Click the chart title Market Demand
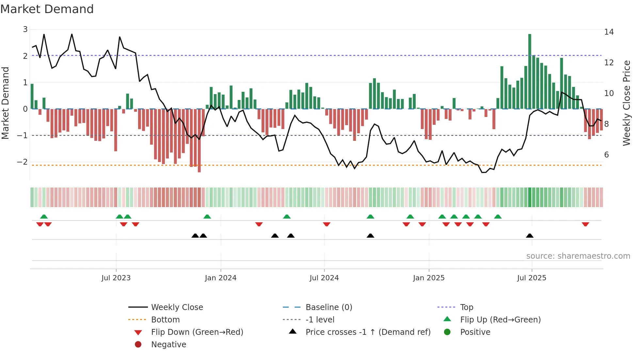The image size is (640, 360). coord(47,9)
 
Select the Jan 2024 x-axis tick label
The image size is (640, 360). coord(220,278)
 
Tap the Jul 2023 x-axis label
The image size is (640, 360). coord(116,278)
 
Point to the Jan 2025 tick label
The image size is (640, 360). coord(428,278)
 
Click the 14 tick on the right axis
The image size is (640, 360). coord(609,32)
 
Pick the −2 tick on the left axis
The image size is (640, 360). coord(22,162)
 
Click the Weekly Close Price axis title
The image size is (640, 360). coord(626,103)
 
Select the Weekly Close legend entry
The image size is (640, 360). coord(177,307)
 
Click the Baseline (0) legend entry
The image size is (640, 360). coord(328,307)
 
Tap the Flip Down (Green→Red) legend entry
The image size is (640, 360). coord(197,332)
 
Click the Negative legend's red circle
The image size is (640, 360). coord(138,345)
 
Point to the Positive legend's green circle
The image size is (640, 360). coord(447,332)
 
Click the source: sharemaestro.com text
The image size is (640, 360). coord(578,256)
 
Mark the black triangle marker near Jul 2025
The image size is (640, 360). coord(530,236)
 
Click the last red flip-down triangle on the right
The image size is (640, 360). coord(585,224)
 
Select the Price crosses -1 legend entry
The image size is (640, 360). coord(368,332)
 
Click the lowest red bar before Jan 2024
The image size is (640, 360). coord(199,140)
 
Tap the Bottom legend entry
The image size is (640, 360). coord(165,320)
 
